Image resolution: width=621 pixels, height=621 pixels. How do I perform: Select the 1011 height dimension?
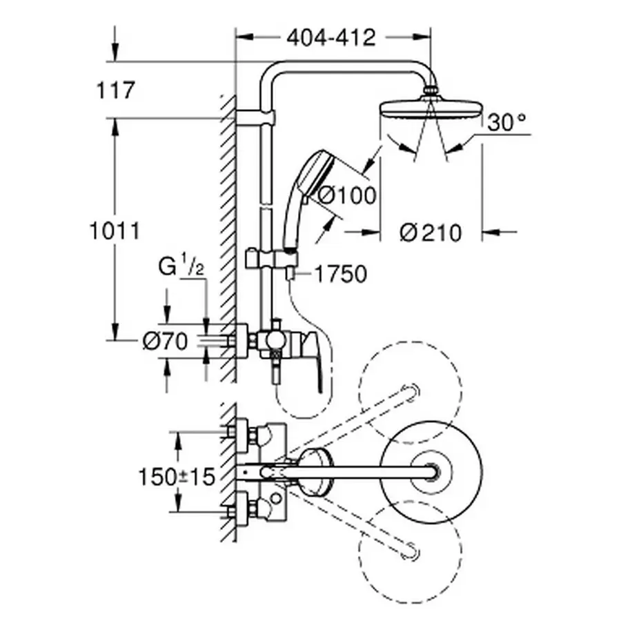click(x=115, y=230)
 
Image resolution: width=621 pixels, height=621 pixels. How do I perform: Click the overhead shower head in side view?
click(x=428, y=108)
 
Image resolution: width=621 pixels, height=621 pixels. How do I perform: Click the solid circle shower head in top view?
click(x=432, y=472)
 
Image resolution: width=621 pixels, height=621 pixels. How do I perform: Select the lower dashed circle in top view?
click(x=411, y=545)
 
